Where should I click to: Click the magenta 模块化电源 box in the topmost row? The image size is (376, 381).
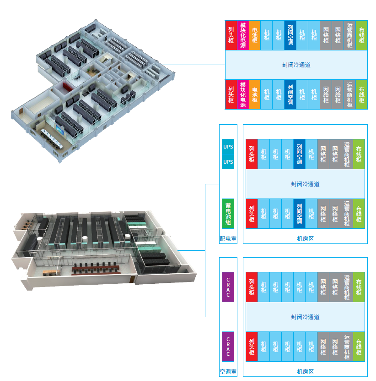click(243, 35)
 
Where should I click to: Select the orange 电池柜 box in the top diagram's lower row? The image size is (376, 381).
click(255, 94)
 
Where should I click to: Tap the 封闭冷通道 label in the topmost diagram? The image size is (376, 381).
click(296, 65)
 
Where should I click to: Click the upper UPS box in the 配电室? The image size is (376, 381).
click(228, 147)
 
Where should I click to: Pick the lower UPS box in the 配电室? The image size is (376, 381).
click(228, 162)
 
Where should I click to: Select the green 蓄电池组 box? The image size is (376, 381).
click(228, 213)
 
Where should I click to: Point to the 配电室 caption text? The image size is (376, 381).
click(228, 239)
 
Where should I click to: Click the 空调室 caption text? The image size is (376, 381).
click(228, 372)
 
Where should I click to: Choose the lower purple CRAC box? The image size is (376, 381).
click(228, 346)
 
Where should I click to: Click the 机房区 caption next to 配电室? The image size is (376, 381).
click(305, 239)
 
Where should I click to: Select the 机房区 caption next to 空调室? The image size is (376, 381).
click(305, 372)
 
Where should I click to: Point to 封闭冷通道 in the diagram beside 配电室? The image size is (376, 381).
click(305, 184)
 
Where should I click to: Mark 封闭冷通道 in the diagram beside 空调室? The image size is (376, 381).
click(305, 317)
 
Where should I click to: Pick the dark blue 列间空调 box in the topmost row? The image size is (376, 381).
click(290, 35)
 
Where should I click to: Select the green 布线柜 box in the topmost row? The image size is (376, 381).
click(362, 35)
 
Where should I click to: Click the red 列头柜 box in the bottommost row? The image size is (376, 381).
click(252, 346)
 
